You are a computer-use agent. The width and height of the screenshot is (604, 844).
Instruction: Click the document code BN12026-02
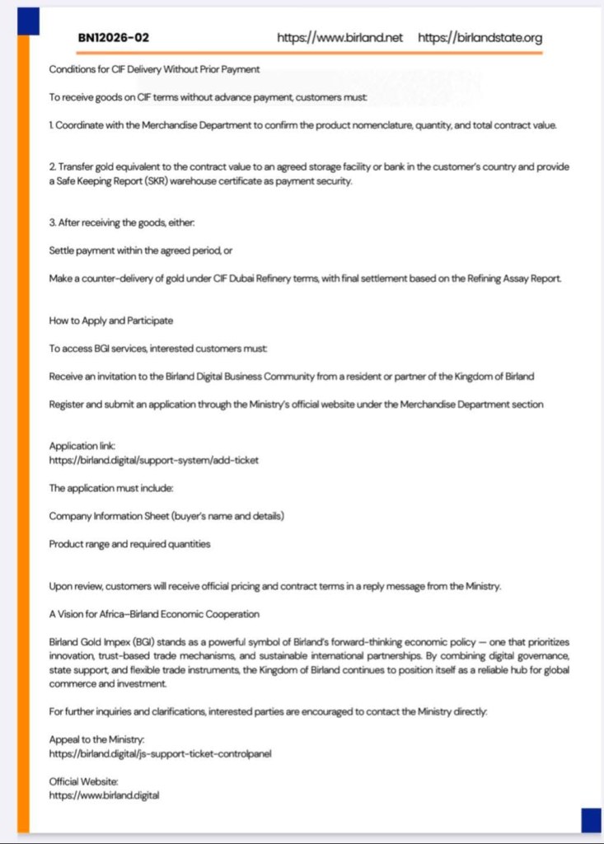point(114,38)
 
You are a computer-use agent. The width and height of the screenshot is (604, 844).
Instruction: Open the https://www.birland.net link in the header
point(340,38)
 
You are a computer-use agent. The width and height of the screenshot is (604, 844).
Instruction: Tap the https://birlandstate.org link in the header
point(480,38)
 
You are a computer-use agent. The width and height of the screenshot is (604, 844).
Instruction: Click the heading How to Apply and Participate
point(110,320)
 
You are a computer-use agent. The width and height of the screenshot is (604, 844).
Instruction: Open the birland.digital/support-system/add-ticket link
point(153,460)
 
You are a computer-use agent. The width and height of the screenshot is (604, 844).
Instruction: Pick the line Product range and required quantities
point(129,544)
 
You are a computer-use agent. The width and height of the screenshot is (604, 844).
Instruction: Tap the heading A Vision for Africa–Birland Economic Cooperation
point(154,614)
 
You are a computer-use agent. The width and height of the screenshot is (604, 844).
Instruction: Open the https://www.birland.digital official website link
point(104,795)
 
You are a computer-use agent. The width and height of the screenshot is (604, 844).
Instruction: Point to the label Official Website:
point(84,781)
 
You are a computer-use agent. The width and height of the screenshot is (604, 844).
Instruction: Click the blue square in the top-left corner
point(29,20)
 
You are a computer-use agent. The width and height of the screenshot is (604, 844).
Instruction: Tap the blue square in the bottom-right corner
point(591,820)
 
